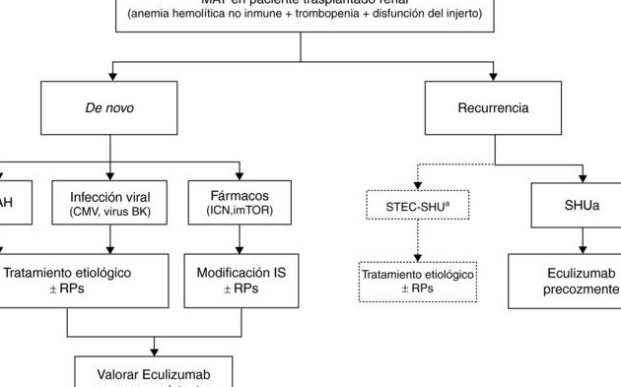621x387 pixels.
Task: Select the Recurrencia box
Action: [x=494, y=106]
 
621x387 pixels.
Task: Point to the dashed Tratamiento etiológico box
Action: [x=417, y=281]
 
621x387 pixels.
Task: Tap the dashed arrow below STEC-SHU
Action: [x=417, y=241]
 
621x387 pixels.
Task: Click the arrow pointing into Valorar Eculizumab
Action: [x=154, y=346]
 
